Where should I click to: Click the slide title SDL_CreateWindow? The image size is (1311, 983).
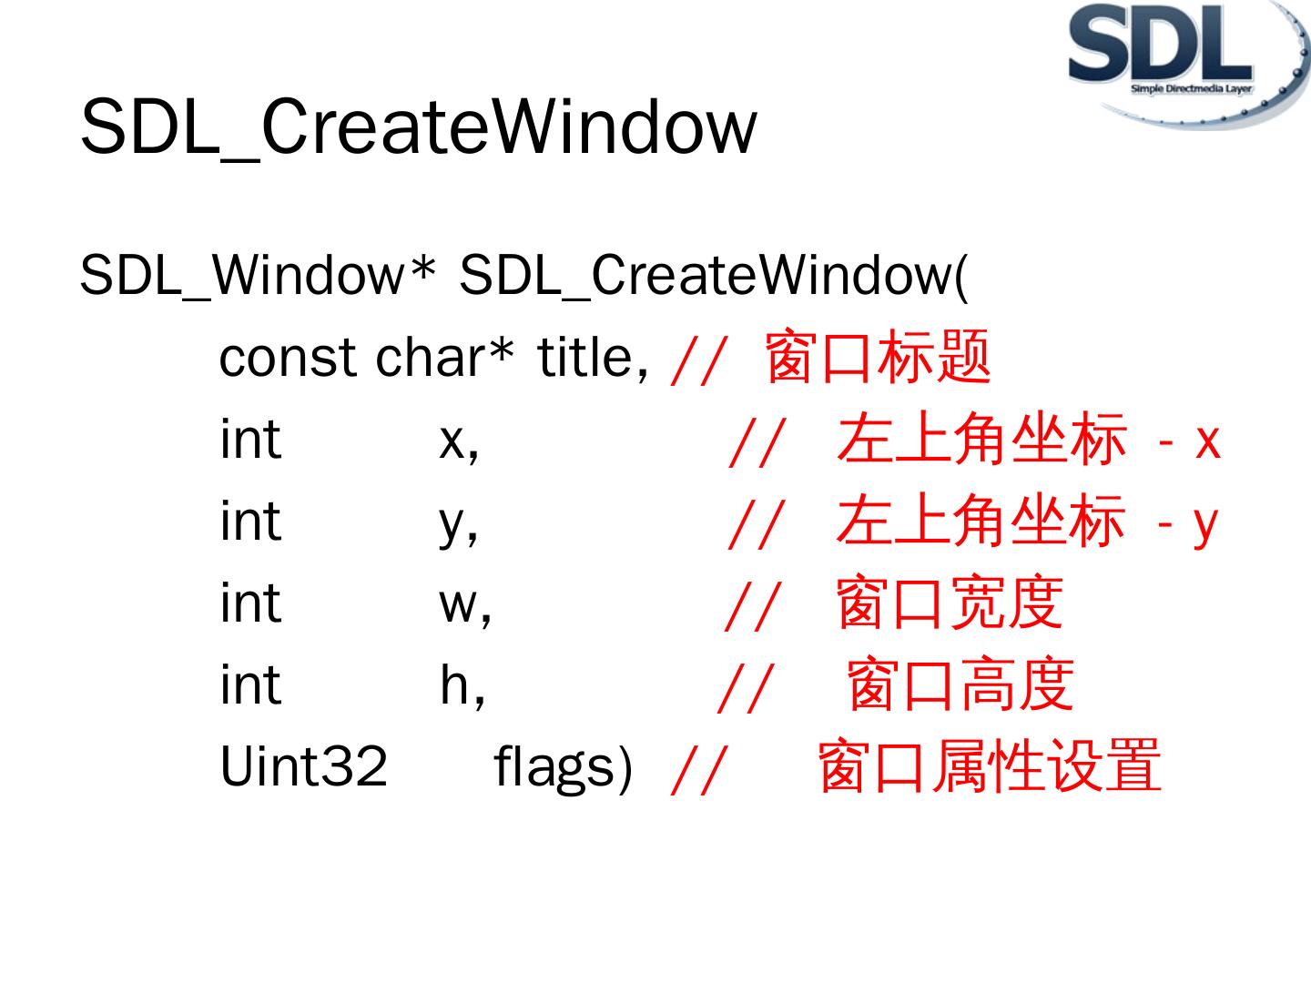point(419,127)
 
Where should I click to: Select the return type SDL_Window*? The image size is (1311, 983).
point(258,275)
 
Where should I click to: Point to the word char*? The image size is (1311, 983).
point(444,356)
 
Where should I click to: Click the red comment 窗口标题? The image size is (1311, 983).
point(878,356)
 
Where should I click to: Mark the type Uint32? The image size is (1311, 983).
point(304,766)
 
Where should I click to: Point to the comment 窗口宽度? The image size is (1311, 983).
point(949,603)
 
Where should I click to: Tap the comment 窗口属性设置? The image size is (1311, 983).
point(989,766)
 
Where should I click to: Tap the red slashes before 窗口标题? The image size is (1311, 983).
point(699,360)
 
